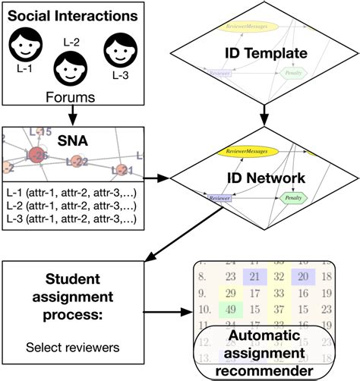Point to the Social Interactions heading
(74, 14)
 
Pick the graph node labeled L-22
(77, 160)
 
